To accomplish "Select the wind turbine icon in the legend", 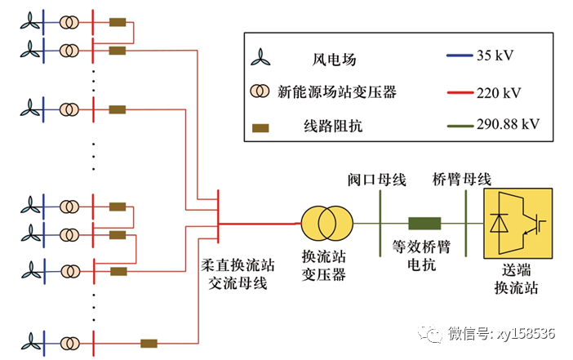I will coord(260,58).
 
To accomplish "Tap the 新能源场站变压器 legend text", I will coord(337,92).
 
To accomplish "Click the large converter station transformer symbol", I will coord(323,223).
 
